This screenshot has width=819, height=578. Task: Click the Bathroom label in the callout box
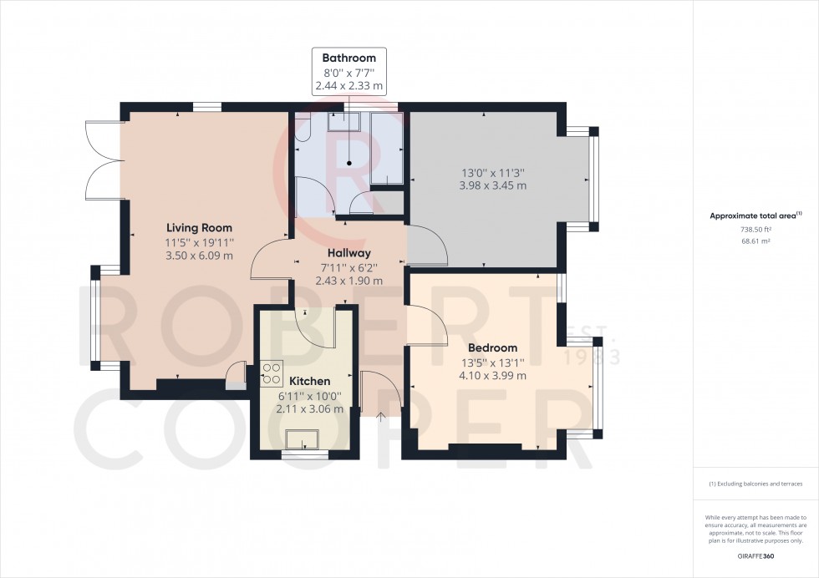[349, 58]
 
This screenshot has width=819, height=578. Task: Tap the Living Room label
[199, 228]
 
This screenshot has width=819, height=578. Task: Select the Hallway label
[349, 253]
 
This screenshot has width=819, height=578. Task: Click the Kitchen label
[310, 381]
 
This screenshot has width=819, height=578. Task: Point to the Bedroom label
[492, 347]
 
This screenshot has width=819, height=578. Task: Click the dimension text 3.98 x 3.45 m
[492, 185]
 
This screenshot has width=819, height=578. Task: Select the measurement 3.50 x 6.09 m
[199, 256]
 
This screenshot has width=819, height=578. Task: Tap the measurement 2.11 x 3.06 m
[310, 408]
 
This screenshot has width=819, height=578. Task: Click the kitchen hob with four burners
[272, 373]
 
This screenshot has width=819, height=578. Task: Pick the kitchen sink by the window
[303, 439]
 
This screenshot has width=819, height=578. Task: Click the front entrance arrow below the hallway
[381, 416]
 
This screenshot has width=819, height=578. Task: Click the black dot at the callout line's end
[349, 164]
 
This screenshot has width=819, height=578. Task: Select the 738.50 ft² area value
[755, 229]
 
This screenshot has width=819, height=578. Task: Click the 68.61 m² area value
[755, 241]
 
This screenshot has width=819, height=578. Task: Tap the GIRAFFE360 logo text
[755, 556]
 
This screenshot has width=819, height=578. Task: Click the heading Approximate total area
[755, 215]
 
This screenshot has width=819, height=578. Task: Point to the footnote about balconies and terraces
[755, 484]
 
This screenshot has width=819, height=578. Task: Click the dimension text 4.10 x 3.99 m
[492, 375]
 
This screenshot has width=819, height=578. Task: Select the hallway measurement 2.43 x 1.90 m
[349, 281]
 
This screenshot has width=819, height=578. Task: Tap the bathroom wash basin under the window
[343, 120]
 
